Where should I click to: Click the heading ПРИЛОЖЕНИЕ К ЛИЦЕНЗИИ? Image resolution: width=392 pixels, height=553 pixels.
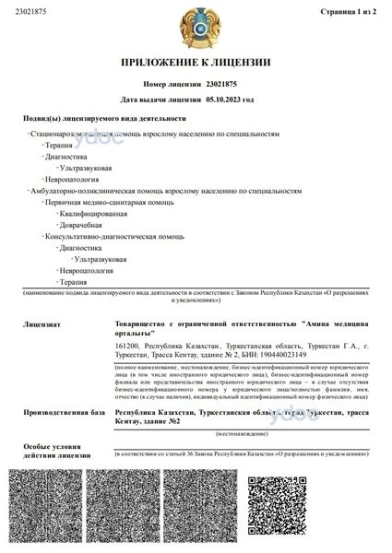[x=196, y=63]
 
